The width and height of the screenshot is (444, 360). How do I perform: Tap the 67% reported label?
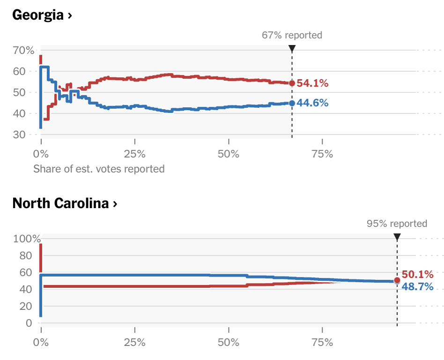(292, 35)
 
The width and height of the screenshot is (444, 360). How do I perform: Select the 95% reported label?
(397, 224)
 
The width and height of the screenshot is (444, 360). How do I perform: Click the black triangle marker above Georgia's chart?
(292, 48)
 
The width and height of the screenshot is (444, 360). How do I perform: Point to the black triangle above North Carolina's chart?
(397, 237)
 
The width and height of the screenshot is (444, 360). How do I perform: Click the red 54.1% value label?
(312, 83)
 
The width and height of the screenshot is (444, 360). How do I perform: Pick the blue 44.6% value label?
(312, 103)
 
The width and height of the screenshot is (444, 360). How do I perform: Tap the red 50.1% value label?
(417, 275)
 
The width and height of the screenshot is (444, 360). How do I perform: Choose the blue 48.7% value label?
(417, 286)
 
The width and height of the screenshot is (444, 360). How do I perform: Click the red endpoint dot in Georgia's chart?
(292, 83)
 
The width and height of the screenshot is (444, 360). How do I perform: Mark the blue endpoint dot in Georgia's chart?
(292, 103)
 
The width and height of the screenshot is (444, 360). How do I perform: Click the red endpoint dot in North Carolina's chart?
(397, 280)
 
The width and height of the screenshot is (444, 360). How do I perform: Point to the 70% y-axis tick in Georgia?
(23, 50)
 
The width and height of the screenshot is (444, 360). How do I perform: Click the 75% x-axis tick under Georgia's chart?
(322, 154)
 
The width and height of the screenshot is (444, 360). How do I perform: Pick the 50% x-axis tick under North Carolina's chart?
(229, 343)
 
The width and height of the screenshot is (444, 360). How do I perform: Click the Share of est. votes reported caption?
(99, 169)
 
